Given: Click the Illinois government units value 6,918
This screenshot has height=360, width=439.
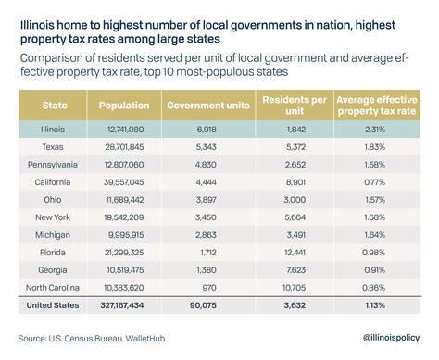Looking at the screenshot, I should click(210, 129).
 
